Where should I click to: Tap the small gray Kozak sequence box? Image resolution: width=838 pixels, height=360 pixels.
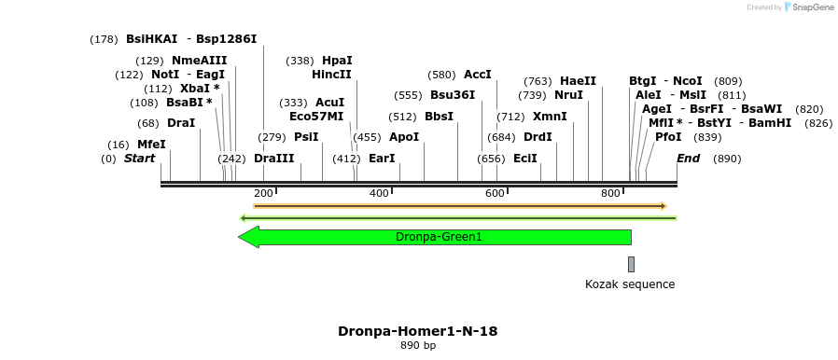coord(631,264)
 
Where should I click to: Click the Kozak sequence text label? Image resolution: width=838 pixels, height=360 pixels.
coord(629,284)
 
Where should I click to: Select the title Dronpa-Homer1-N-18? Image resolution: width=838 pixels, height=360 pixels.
coord(417,331)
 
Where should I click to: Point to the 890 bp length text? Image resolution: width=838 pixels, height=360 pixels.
coord(417,346)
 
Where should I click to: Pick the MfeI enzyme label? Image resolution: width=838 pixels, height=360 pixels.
coord(151,145)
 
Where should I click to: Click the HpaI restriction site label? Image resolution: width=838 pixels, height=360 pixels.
coord(337,61)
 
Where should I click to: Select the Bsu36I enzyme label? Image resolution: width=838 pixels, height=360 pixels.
coord(453,95)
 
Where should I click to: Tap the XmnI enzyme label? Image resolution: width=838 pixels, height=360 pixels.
coord(549,117)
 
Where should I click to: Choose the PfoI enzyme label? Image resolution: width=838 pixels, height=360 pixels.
coord(668,137)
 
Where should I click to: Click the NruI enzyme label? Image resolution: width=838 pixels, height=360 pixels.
coord(568,95)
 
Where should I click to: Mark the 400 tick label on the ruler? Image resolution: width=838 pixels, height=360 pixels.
coord(379,193)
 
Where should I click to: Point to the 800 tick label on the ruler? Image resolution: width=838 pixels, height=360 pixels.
coord(610,193)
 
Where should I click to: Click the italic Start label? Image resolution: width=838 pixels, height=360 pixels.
coord(139,159)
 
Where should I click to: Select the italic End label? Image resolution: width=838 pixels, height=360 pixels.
coord(688,159)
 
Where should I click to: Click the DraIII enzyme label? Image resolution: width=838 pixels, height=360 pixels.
coord(273,159)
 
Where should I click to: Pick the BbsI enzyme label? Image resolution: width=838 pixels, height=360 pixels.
coord(439,117)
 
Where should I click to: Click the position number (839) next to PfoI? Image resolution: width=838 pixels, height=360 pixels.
coord(708,137)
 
